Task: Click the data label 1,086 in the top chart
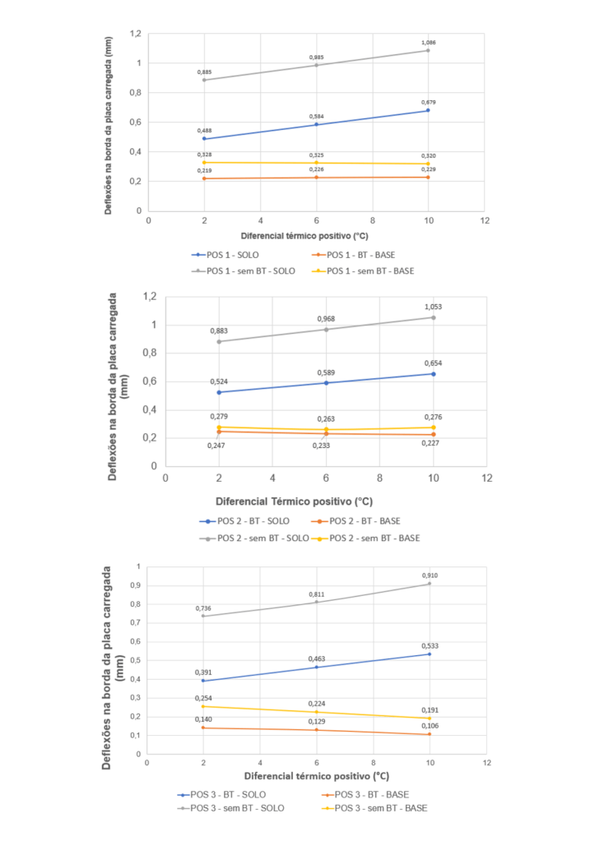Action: (x=428, y=42)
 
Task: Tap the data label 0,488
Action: (x=204, y=131)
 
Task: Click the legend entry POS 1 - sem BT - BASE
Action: (x=370, y=270)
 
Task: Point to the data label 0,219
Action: (x=204, y=170)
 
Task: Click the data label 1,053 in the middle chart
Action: (x=433, y=307)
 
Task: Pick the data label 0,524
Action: (x=218, y=381)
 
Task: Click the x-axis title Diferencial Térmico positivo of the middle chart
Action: (x=294, y=500)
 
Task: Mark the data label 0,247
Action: (x=216, y=445)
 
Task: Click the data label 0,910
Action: (x=429, y=575)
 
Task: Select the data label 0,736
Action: (x=203, y=608)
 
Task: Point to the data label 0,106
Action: (x=429, y=725)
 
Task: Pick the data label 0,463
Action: (x=316, y=659)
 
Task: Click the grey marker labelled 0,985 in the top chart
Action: (x=316, y=65)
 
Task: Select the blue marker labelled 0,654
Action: (x=434, y=374)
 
